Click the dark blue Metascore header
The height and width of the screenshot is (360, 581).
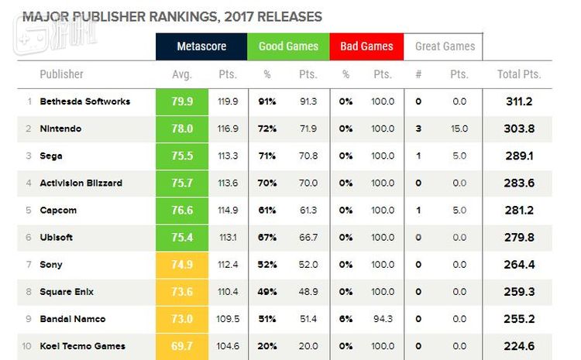pyautogui.click(x=201, y=46)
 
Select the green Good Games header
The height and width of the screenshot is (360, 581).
pyautogui.click(x=288, y=46)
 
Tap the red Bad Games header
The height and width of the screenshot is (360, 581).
pyautogui.click(x=366, y=46)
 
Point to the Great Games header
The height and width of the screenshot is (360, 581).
pyautogui.click(x=445, y=46)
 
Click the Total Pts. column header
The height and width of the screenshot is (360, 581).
pyautogui.click(x=518, y=74)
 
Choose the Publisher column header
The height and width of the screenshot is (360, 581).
pyautogui.click(x=61, y=74)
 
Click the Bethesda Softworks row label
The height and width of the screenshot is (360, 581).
pyautogui.click(x=84, y=101)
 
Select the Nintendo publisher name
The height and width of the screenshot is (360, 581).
pyautogui.click(x=60, y=129)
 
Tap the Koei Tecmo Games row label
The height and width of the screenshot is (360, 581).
pyautogui.click(x=82, y=346)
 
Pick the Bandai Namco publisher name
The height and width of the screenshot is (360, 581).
pyautogui.click(x=72, y=319)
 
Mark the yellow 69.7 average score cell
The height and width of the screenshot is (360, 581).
pyautogui.click(x=181, y=346)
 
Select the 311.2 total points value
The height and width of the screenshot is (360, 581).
pyautogui.click(x=518, y=101)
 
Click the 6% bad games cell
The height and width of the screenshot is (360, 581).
pyautogui.click(x=346, y=319)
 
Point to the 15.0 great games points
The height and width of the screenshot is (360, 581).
pyautogui.click(x=459, y=129)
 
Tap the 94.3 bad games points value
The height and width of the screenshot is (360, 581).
pyautogui.click(x=383, y=319)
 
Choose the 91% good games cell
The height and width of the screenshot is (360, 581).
pyautogui.click(x=268, y=101)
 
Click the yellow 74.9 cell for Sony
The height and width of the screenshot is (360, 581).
pyautogui.click(x=181, y=265)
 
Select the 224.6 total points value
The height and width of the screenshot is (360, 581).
pyautogui.click(x=518, y=346)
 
